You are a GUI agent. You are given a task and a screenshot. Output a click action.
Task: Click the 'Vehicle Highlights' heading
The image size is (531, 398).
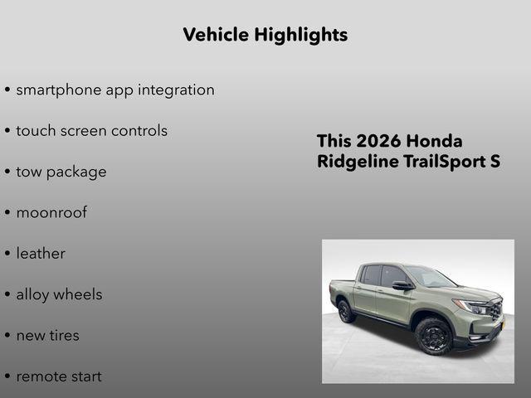click(x=265, y=35)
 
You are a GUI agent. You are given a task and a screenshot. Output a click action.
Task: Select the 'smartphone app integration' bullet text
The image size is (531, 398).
click(x=114, y=90)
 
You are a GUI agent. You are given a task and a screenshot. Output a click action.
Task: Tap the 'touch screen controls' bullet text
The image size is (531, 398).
click(x=91, y=131)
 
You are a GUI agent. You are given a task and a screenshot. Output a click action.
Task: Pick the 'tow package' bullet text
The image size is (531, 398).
click(x=61, y=172)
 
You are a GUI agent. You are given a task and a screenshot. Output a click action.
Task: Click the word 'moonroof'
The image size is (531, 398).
click(x=51, y=212)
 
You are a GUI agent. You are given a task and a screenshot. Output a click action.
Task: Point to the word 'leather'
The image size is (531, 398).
click(x=41, y=254)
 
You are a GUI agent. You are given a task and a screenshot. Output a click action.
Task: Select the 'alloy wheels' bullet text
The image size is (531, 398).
click(x=59, y=294)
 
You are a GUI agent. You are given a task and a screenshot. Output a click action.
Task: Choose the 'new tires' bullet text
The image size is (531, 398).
click(x=47, y=335)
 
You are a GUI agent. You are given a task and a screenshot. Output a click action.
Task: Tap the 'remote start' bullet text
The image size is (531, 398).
click(x=59, y=376)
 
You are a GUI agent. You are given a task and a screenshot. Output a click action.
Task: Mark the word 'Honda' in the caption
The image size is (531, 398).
click(x=436, y=141)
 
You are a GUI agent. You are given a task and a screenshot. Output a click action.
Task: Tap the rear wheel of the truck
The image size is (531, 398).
click(x=346, y=311)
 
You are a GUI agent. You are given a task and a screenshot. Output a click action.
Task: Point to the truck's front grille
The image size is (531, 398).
click(x=496, y=311)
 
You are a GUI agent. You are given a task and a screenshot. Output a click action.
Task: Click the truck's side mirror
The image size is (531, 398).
click(x=402, y=285)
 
